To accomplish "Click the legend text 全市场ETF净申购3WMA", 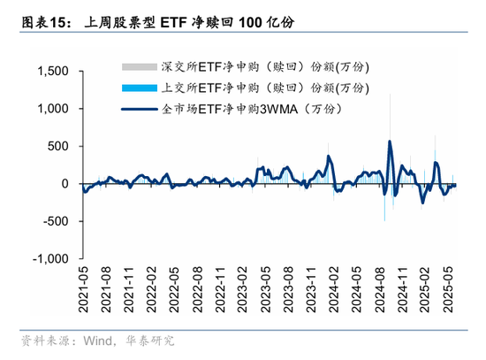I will tap(247, 108).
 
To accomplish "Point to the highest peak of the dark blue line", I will tap(390, 142).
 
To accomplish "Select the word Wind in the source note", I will tap(99, 341).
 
